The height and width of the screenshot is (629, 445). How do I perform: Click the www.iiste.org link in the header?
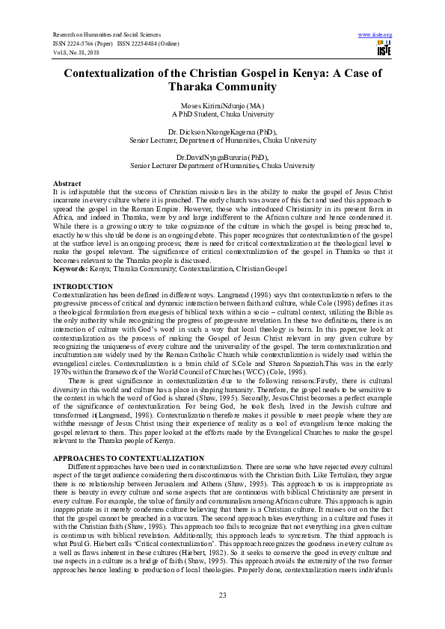click(x=375, y=34)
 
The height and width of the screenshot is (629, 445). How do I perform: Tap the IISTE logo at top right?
click(x=384, y=49)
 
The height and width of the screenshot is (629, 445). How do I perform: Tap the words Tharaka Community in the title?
click(x=222, y=87)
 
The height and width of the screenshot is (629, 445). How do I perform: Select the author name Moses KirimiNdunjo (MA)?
click(x=222, y=107)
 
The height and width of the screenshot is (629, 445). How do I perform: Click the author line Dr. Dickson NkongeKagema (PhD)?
click(x=222, y=131)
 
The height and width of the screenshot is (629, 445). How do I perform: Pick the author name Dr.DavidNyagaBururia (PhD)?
click(x=222, y=157)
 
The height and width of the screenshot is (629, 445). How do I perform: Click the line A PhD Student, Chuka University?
click(x=222, y=115)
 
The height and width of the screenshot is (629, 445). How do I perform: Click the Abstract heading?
click(x=67, y=183)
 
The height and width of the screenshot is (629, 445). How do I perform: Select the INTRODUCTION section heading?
click(x=82, y=286)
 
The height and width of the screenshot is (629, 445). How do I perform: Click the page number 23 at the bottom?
click(x=222, y=594)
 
